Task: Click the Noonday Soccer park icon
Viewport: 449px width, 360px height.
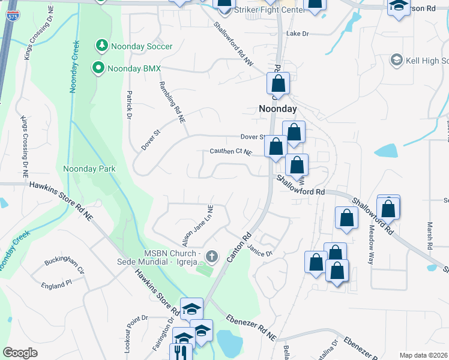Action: [101, 46]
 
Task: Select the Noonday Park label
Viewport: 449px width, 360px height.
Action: [89, 169]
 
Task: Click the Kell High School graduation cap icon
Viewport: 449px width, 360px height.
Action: [396, 60]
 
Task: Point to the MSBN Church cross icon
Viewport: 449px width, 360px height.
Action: [211, 257]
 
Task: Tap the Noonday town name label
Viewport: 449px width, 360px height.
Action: [277, 109]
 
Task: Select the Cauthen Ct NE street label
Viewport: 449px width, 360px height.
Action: [230, 152]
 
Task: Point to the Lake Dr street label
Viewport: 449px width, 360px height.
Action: [297, 34]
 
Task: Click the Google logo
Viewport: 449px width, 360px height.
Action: [20, 353]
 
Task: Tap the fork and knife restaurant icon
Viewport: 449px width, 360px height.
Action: [179, 352]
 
